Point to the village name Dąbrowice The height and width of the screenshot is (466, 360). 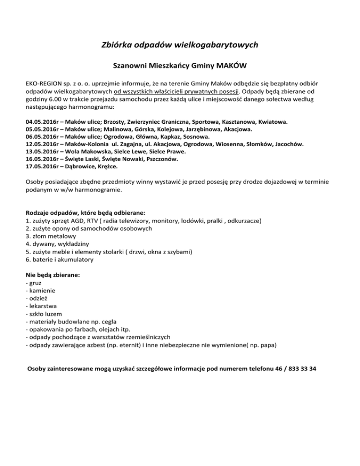80,166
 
